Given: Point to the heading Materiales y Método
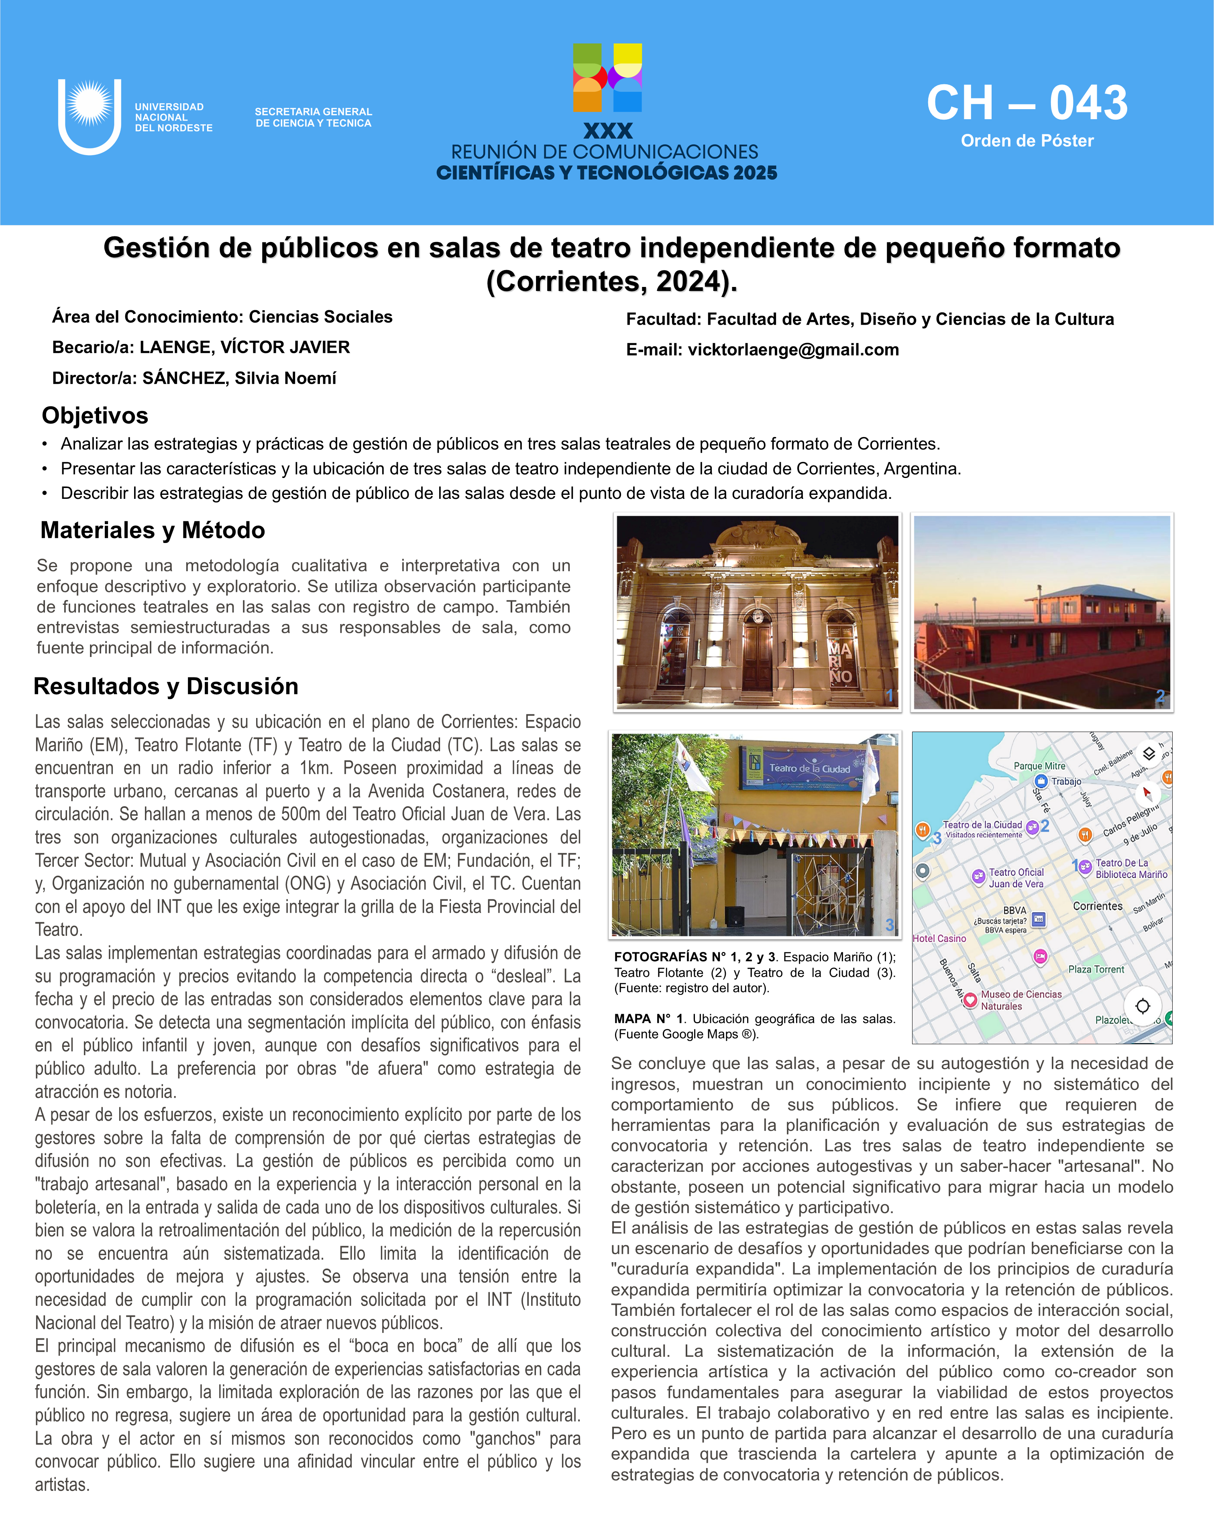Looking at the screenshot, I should [x=153, y=530].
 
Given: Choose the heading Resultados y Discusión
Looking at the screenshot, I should [x=166, y=686].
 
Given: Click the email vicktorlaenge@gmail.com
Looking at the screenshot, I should [x=793, y=350].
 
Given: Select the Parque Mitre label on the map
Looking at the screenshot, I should [x=1039, y=766].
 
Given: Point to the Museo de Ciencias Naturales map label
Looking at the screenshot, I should [x=1020, y=1000].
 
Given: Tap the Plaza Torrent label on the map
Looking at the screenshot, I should [x=1096, y=969].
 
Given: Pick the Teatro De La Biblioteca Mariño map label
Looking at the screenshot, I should [x=1131, y=868].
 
